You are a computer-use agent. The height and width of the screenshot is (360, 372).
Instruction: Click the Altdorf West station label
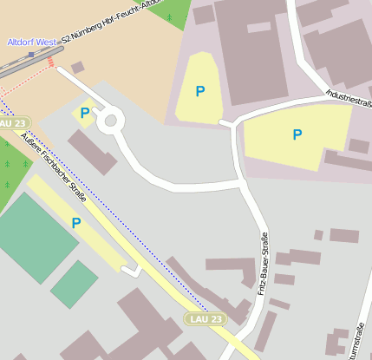pos(31,42)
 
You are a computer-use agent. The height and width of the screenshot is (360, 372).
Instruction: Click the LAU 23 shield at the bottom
pos(205,319)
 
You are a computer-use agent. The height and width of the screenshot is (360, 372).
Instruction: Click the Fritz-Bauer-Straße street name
pos(261,264)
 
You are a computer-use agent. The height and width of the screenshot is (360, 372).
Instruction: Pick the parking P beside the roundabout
pos(84,113)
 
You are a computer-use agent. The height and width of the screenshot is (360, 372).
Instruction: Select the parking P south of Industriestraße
pos(297,134)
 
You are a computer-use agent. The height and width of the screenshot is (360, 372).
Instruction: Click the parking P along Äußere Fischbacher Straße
pos(76,223)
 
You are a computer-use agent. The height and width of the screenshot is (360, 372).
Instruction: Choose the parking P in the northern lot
pos(200,91)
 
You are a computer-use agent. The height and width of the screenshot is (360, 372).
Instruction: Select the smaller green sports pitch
pos(75,284)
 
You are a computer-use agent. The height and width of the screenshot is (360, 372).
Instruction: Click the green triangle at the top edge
pos(171,11)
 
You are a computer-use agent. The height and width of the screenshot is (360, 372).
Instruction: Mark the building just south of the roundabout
pos(92,153)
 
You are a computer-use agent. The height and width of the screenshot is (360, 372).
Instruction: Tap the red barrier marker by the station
pos(51,62)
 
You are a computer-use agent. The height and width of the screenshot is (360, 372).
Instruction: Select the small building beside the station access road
pos(78,67)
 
